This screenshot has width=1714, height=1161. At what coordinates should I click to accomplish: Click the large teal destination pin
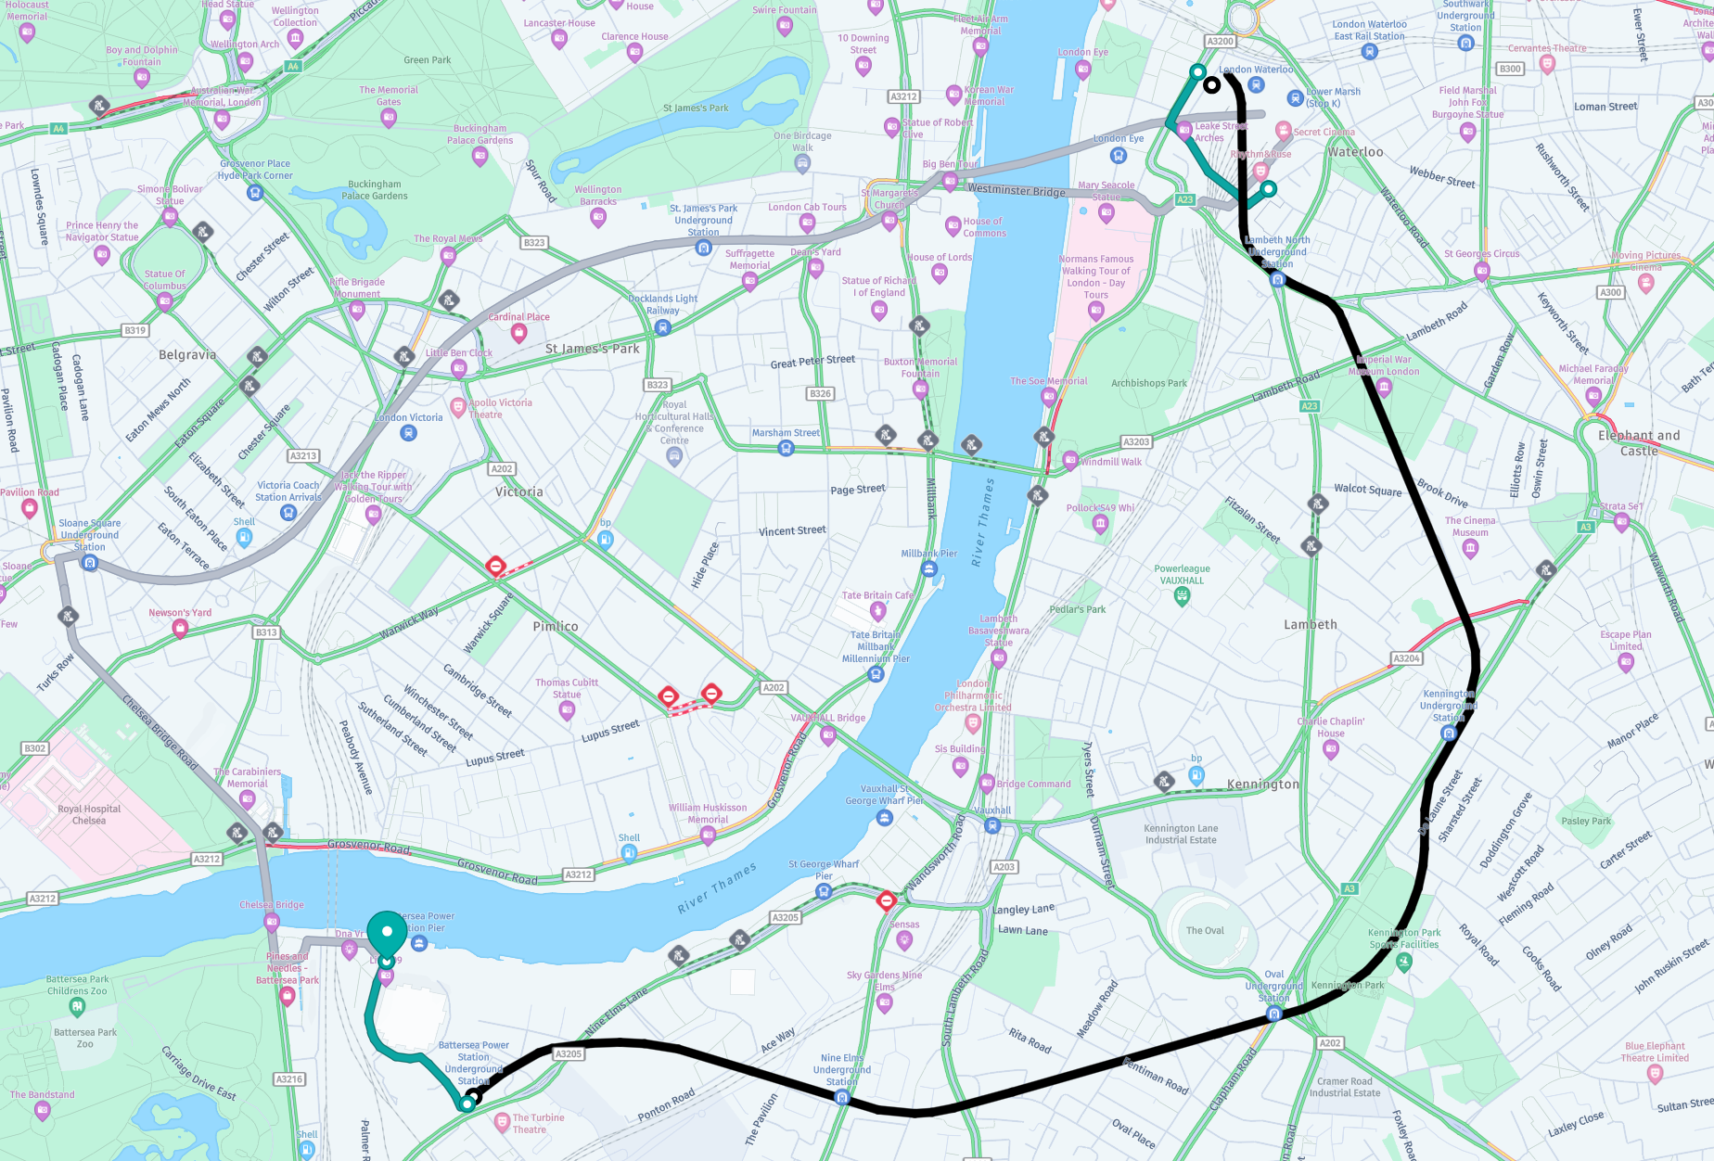click(387, 932)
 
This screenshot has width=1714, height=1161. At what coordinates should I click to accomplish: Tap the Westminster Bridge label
click(1017, 190)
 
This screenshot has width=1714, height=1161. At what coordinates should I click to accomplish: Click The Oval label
click(1205, 930)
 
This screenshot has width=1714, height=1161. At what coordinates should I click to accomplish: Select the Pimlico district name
click(556, 627)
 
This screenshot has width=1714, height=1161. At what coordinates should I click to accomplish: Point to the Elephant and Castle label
click(1639, 442)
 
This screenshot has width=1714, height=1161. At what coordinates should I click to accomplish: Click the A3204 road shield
click(1406, 658)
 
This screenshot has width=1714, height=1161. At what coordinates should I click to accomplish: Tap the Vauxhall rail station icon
click(993, 825)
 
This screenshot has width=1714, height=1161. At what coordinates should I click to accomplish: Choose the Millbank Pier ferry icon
click(929, 569)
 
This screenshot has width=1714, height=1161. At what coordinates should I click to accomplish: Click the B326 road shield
click(821, 394)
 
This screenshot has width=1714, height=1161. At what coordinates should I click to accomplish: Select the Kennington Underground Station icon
click(1449, 734)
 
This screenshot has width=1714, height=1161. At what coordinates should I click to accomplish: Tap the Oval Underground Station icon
click(1274, 1014)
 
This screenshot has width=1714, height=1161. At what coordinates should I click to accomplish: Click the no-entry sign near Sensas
click(886, 900)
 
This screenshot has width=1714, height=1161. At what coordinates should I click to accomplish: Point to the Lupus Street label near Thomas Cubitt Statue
click(610, 731)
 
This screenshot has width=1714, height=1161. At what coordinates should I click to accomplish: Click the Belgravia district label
click(187, 355)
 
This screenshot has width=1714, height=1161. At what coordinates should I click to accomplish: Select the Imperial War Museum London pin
click(1384, 387)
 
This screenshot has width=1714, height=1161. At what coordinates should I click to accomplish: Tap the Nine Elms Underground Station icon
click(842, 1097)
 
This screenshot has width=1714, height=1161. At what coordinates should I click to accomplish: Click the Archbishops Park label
click(1149, 383)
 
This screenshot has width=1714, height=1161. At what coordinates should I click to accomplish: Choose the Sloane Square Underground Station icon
click(90, 563)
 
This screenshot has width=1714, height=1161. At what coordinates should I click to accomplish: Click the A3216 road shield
click(289, 1079)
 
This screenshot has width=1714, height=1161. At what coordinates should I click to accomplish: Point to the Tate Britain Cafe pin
click(878, 610)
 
